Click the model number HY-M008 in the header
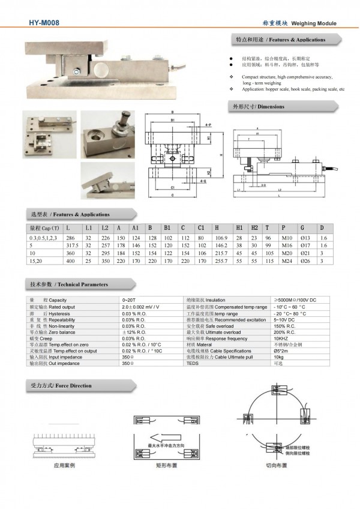pos(43,22)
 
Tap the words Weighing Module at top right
pos(314,23)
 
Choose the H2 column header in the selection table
pos(254,228)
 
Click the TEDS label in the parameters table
pos(192,363)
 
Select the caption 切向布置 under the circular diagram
pos(278,465)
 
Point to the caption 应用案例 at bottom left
pos(64,465)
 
